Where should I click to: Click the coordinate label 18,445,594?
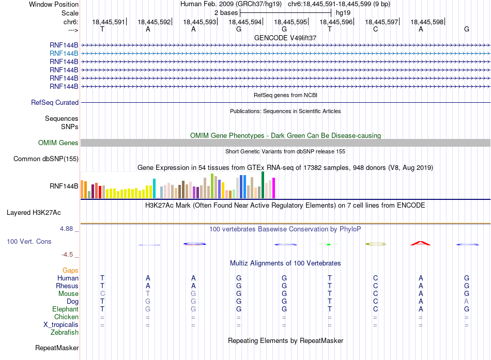click(x=245, y=22)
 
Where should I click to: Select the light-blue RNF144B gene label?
click(x=64, y=54)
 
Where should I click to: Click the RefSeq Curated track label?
click(x=55, y=103)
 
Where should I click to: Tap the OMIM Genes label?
click(x=58, y=143)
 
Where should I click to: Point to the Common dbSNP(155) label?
click(x=46, y=159)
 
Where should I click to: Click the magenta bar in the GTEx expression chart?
click(x=274, y=188)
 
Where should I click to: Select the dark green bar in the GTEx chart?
click(x=263, y=185)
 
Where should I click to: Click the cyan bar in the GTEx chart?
click(x=154, y=189)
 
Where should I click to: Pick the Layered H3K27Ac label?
click(x=34, y=213)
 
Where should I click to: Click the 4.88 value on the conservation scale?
click(x=66, y=229)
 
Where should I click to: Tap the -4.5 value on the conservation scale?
click(x=67, y=255)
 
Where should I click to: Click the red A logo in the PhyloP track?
click(x=421, y=243)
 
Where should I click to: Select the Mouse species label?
click(x=68, y=294)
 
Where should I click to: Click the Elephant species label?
click(x=66, y=309)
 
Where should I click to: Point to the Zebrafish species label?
click(x=65, y=333)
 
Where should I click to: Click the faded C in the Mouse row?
click(x=102, y=294)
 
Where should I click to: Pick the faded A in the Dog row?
click(x=467, y=302)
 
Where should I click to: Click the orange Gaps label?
click(x=70, y=271)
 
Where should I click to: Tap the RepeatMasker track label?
click(x=57, y=348)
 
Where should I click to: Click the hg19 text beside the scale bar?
click(x=343, y=13)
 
